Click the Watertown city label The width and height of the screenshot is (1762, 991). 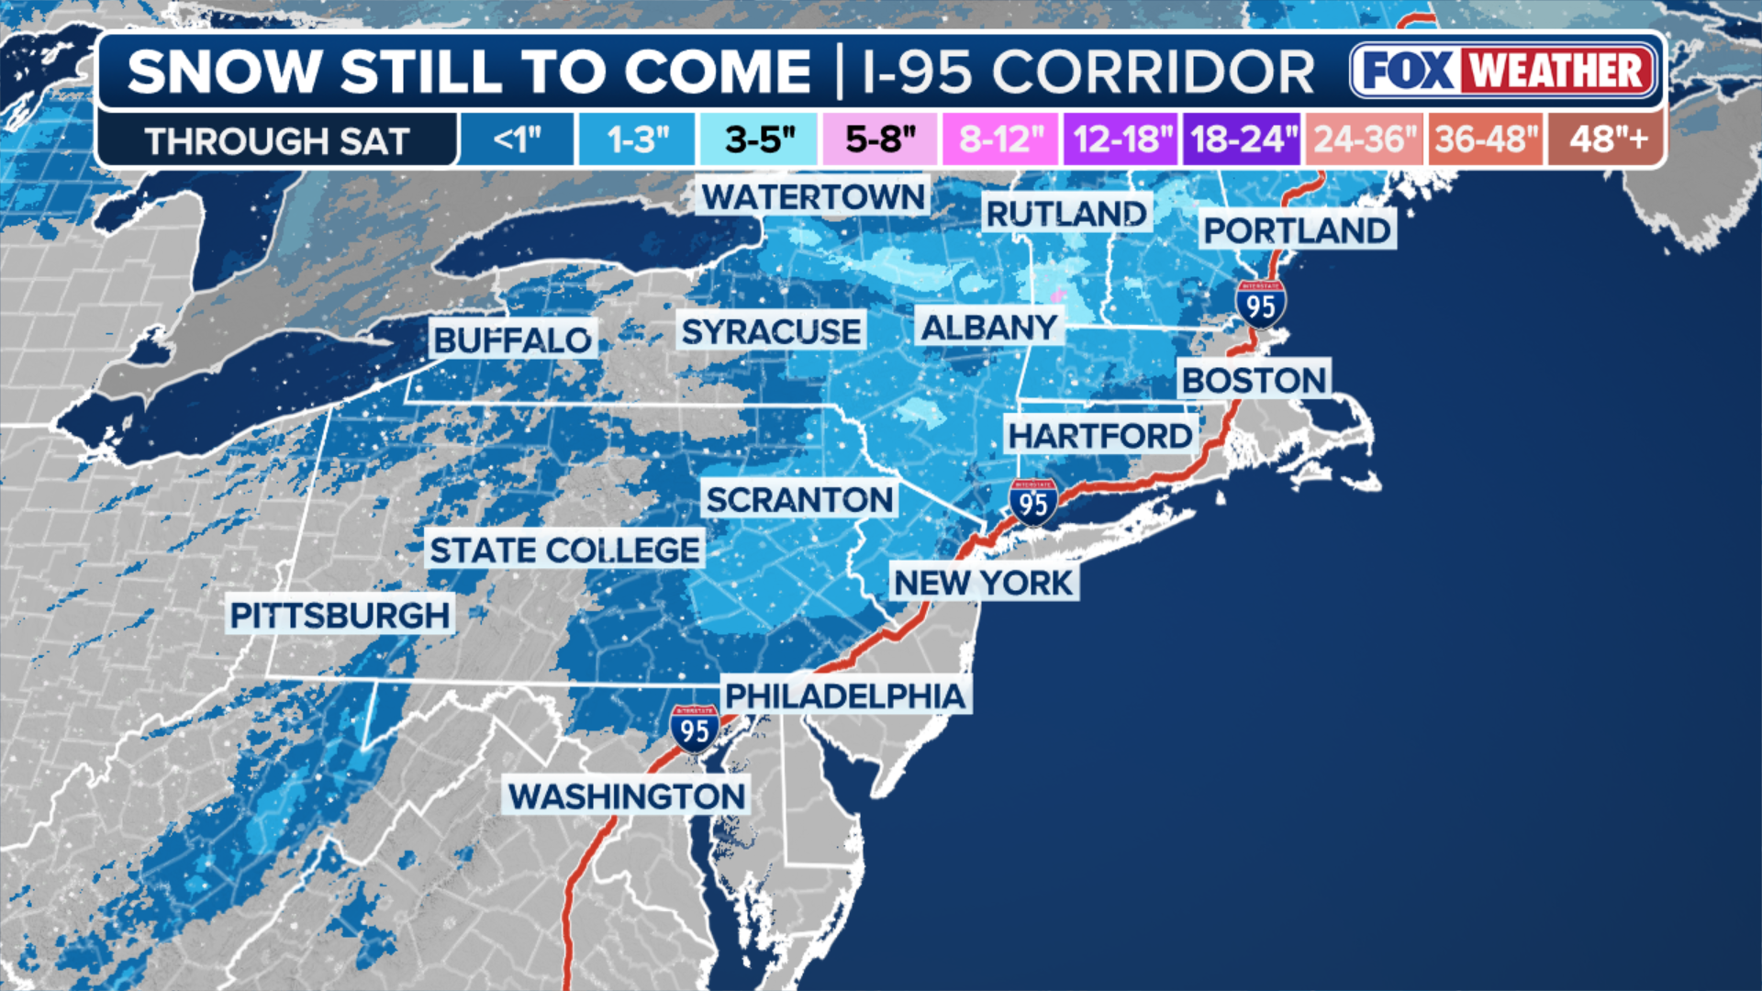[x=813, y=197]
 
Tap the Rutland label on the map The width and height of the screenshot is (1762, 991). [x=1066, y=214]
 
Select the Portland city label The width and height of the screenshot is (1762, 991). [x=1298, y=231]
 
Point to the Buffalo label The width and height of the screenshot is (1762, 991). [x=512, y=340]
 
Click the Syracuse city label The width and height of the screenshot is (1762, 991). [x=771, y=331]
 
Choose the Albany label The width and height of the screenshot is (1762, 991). [x=989, y=328]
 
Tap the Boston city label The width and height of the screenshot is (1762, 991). [x=1254, y=380]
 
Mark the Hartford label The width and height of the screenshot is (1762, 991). [x=1100, y=436]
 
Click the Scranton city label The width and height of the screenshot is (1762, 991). [x=799, y=500]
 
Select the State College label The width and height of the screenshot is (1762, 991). [x=565, y=551]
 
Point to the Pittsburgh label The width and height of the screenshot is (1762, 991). [x=340, y=616]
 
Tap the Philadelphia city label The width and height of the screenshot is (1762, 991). [x=845, y=696]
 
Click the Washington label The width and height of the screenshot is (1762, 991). [x=627, y=796]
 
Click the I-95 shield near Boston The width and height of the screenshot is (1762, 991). [x=1261, y=305]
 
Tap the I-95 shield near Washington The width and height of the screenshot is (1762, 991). [x=695, y=729]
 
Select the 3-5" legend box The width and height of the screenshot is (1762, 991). [x=759, y=139]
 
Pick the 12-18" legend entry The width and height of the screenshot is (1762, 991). [x=1121, y=139]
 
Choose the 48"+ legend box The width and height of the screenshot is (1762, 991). [x=1607, y=139]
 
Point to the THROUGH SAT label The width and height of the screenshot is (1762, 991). [x=276, y=141]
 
